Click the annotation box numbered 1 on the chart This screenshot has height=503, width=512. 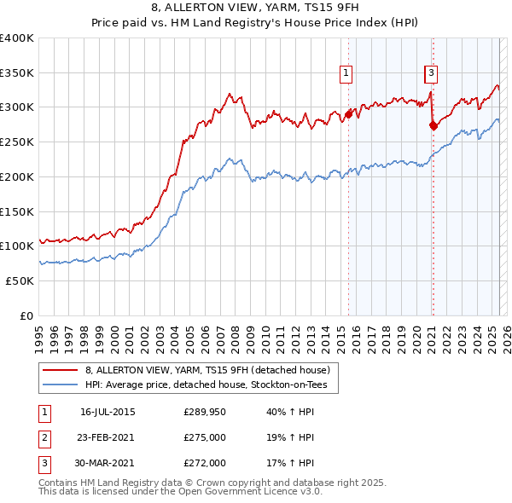coord(346,73)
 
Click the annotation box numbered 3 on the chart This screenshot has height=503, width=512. coord(432,73)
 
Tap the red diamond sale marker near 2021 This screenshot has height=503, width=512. coord(433,125)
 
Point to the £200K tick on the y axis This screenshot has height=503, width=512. coord(19,176)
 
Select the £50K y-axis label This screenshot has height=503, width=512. coord(21,280)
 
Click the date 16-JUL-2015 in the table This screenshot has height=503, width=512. coord(108,413)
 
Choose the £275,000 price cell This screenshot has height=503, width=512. coord(205,438)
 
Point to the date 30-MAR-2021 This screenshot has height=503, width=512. coord(108,463)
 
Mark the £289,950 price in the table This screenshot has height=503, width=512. coord(205,413)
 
